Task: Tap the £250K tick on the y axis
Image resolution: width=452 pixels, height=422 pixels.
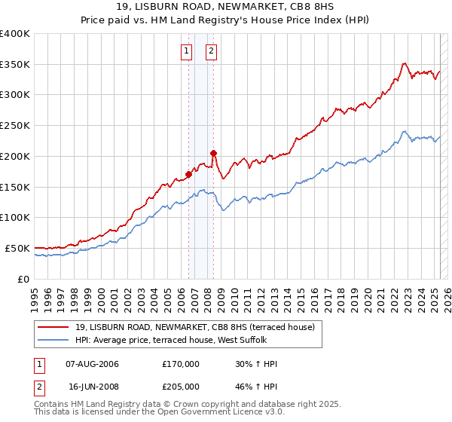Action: (x=14, y=125)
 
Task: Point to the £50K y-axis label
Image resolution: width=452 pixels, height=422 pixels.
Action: (x=17, y=248)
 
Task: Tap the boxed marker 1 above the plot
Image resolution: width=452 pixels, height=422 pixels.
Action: (x=186, y=51)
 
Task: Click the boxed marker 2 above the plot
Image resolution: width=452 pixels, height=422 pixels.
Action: (x=210, y=51)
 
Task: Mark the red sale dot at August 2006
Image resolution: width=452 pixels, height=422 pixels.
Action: (x=188, y=174)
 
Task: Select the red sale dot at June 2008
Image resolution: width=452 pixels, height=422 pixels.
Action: (x=213, y=153)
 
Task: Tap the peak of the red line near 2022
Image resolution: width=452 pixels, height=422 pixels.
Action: (x=405, y=63)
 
